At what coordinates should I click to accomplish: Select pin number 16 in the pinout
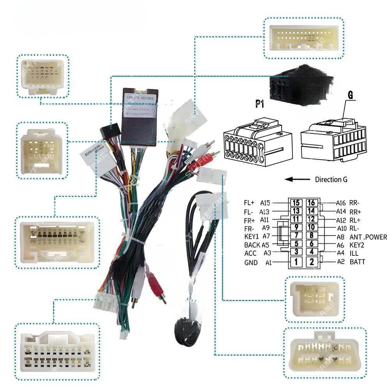point(312,203)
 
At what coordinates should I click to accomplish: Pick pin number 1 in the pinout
point(296,262)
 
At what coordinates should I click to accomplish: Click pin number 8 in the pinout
point(312,236)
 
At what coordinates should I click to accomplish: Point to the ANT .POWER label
point(368,237)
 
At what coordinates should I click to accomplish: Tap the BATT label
point(357,262)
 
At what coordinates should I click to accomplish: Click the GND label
point(251,262)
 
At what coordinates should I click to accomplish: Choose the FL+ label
point(249,203)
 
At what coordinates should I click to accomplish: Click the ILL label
point(354,253)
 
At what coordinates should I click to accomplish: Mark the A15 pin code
point(266,203)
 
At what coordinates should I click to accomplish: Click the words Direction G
point(331,180)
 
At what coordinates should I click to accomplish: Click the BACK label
point(252,245)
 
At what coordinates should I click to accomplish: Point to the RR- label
point(355,203)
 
